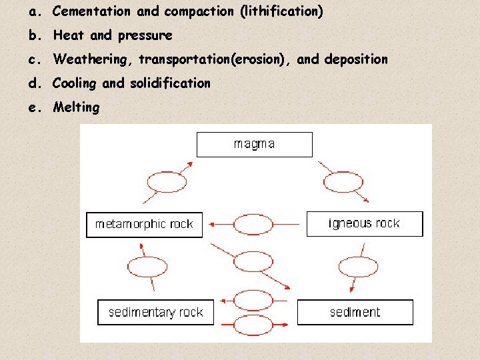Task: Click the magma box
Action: [x=254, y=144]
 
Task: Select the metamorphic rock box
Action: [x=144, y=224]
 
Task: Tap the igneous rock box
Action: [x=364, y=223]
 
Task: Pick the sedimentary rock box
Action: [x=155, y=312]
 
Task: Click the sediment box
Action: [x=355, y=312]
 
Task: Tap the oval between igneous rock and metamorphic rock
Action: [x=254, y=224]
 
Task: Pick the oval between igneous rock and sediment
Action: [x=358, y=267]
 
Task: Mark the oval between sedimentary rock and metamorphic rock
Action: [x=147, y=267]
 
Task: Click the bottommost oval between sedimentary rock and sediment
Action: [x=254, y=325]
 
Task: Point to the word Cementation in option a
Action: [x=91, y=11]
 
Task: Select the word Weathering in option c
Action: [x=93, y=59]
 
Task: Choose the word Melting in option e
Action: [x=76, y=107]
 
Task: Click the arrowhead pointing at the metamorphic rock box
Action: [x=207, y=224]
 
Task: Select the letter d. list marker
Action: [x=34, y=83]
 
